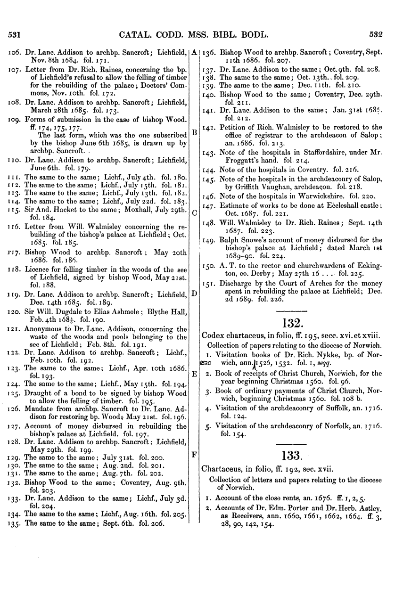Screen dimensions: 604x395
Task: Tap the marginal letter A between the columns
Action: tap(194, 53)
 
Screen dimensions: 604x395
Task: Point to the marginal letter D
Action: tap(194, 293)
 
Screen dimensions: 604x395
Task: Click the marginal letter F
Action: tap(194, 455)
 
